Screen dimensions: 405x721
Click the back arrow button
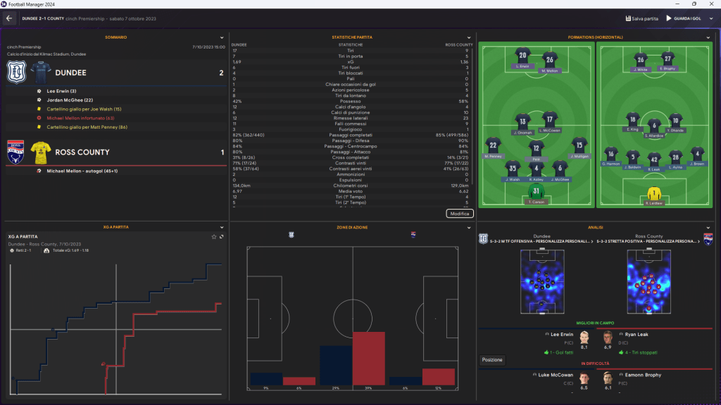tap(9, 18)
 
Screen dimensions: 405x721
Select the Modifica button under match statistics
tap(460, 213)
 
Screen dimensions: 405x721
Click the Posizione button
tap(492, 360)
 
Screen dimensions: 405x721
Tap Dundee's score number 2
tap(221, 72)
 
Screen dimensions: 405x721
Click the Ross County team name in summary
tap(82, 152)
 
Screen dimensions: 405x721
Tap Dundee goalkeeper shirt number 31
tap(537, 191)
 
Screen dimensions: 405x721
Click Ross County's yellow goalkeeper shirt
tap(654, 193)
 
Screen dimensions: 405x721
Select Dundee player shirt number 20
tap(522, 56)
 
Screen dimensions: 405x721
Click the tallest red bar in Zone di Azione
tap(370, 359)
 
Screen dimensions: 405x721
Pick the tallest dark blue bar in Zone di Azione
tap(336, 366)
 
